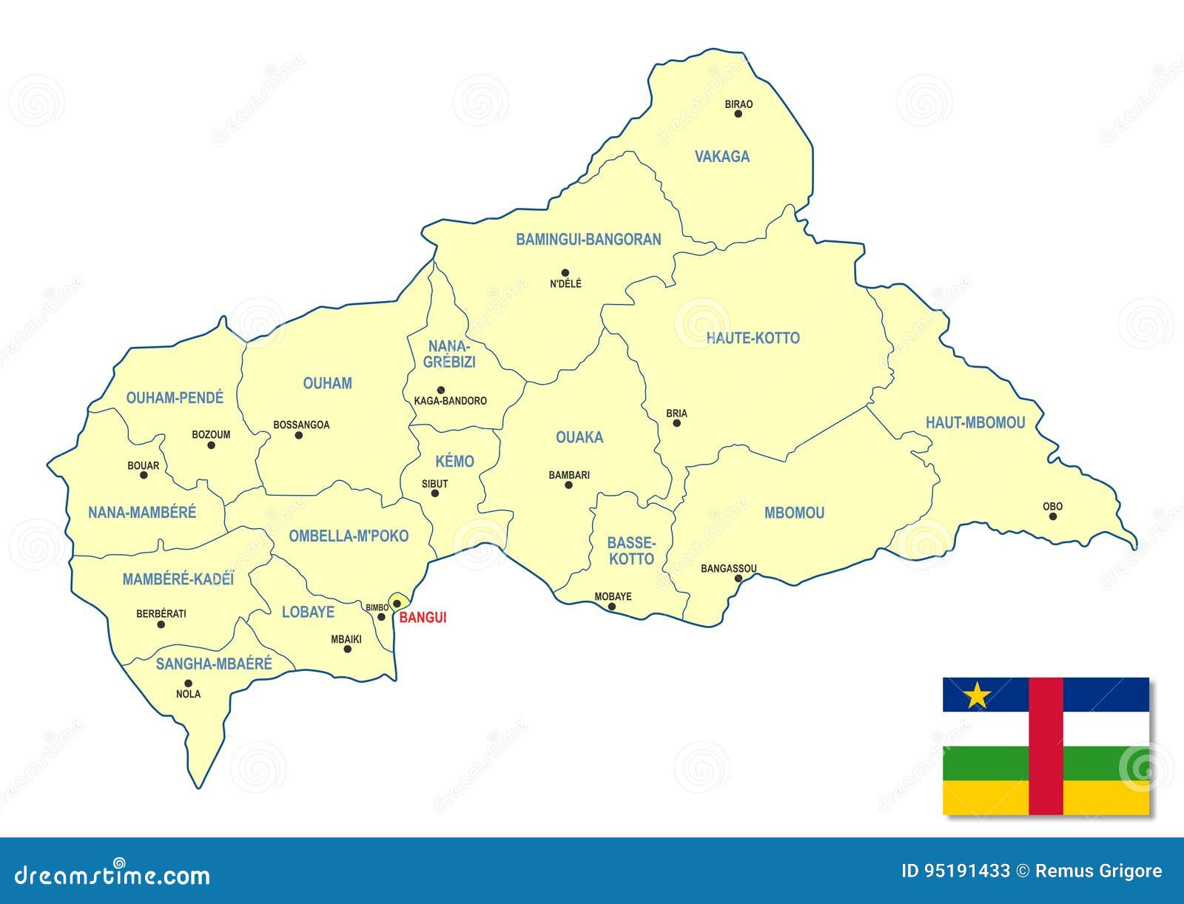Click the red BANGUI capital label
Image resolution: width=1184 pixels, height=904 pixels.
click(x=423, y=618)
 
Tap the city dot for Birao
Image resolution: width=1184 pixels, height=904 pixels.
click(x=738, y=114)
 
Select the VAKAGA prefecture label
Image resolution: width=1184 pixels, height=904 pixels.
click(x=721, y=156)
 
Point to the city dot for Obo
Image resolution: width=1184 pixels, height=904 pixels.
click(x=1052, y=516)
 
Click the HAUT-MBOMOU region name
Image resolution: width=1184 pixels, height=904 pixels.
click(x=975, y=422)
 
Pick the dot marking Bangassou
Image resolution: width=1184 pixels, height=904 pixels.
click(x=738, y=579)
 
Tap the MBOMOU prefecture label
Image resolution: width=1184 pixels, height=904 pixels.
click(x=794, y=513)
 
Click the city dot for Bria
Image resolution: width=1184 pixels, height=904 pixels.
click(x=676, y=424)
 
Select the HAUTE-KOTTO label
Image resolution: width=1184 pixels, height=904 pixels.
click(x=753, y=338)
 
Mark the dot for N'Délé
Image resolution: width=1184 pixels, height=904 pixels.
click(x=565, y=273)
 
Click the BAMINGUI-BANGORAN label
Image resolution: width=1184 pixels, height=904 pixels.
click(x=588, y=240)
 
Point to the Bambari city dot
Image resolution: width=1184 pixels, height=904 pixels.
click(x=568, y=485)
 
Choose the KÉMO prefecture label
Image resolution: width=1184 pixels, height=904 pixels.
click(x=454, y=462)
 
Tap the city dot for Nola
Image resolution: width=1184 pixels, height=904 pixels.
click(x=188, y=684)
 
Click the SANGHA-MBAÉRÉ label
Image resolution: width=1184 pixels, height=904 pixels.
click(x=214, y=664)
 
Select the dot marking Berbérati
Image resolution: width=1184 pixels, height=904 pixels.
click(x=161, y=624)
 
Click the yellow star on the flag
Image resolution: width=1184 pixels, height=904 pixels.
click(x=978, y=695)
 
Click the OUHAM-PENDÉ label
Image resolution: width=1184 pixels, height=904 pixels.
click(x=175, y=398)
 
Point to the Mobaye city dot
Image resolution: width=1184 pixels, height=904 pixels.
click(x=612, y=607)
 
